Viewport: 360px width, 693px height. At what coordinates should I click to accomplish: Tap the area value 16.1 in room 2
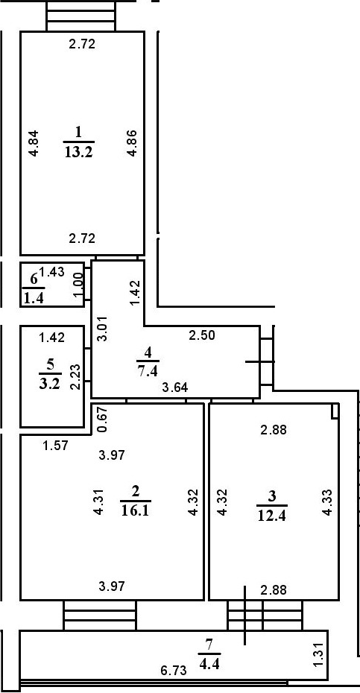pos(135,510)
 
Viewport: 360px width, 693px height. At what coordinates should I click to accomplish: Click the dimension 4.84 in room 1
pos(33,143)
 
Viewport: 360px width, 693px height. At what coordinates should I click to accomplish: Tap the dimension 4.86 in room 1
pos(131,143)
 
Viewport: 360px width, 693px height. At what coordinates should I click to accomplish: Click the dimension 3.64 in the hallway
pos(176,387)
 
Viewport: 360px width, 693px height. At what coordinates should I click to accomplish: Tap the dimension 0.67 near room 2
pos(103,422)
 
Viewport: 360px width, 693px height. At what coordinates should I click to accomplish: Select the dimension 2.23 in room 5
pos(75,376)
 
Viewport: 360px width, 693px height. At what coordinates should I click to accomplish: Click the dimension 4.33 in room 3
pos(327,503)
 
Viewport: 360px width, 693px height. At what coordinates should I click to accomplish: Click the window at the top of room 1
pos(81,16)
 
